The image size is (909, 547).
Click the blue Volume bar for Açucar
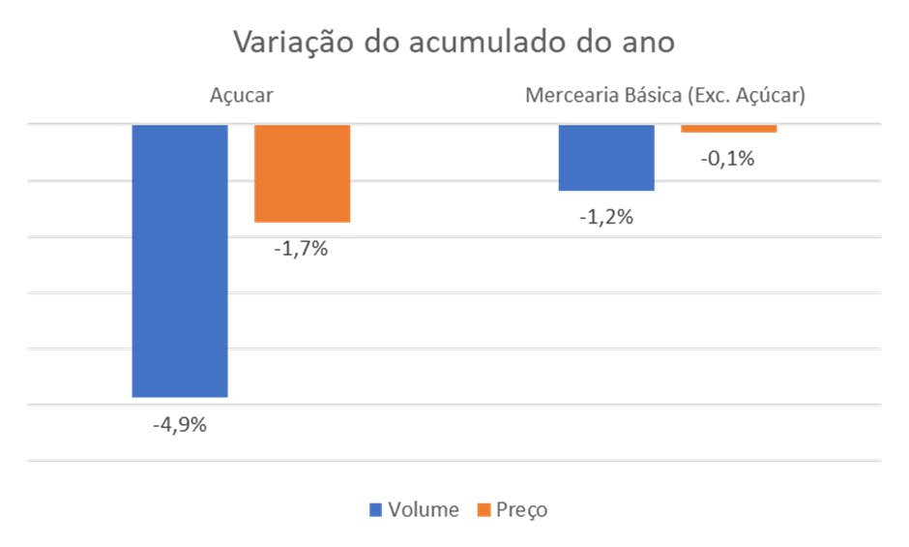[180, 261]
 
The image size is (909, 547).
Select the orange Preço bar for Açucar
[302, 174]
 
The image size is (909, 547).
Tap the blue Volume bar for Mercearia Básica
[606, 158]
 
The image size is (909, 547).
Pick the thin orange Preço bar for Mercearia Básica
[728, 130]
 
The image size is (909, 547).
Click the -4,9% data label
[180, 424]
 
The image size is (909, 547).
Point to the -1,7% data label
[301, 249]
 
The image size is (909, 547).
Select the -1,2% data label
[606, 217]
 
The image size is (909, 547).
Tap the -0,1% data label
[727, 159]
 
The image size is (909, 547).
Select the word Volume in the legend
[423, 509]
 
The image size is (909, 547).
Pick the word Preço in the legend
[521, 509]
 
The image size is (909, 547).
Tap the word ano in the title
[650, 44]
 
